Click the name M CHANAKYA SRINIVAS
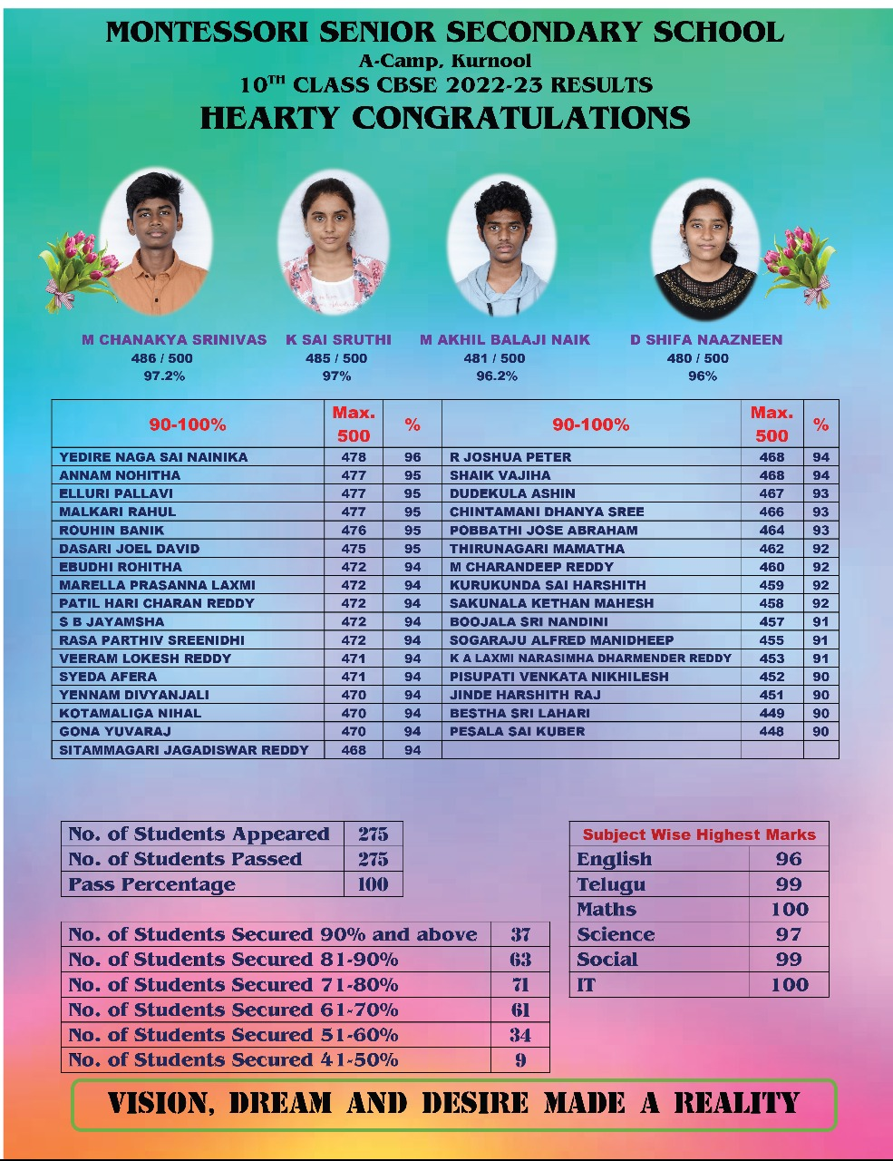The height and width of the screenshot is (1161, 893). tap(174, 340)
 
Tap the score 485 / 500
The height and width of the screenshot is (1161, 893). tap(336, 358)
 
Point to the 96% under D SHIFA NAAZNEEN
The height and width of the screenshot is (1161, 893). tap(703, 376)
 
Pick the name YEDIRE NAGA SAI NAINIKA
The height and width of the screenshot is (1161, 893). tap(153, 457)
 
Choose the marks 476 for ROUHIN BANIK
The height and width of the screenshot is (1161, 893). tap(354, 530)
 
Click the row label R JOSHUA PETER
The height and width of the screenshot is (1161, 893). tap(510, 457)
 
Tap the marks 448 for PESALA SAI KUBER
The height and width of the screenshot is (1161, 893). tap(772, 731)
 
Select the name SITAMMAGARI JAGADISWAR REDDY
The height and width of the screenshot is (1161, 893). tap(184, 750)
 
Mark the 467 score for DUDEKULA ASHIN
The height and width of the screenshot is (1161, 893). tap(772, 493)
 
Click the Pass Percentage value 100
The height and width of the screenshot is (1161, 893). tap(373, 884)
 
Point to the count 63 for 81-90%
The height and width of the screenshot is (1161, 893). tap(520, 960)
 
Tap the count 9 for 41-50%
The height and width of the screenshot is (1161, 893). tap(520, 1060)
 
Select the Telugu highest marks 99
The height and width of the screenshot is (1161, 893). tap(789, 884)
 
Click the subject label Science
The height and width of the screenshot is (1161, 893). tap(616, 934)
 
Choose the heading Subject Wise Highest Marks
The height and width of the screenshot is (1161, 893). tap(699, 834)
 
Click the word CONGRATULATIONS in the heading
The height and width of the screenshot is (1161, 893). tap(521, 118)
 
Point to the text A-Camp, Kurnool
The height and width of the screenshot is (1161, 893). tap(445, 62)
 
